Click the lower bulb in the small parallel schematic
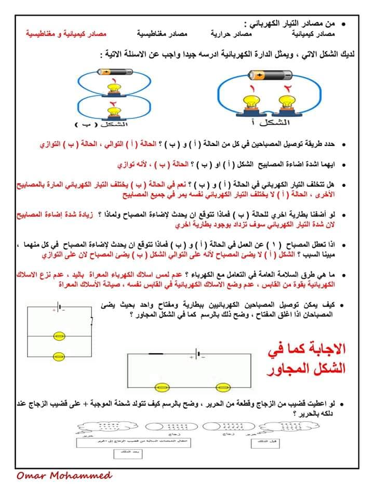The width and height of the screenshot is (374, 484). point(59,356)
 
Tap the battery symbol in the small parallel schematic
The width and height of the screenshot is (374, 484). point(61,307)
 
